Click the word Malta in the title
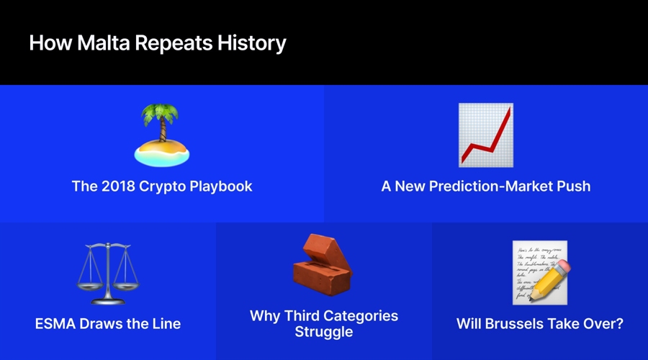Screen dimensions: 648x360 103,42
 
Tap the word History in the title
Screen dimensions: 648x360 252,43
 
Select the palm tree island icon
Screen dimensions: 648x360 162,135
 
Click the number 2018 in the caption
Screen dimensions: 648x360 118,186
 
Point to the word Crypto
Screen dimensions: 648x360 162,186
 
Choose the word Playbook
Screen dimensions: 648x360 221,186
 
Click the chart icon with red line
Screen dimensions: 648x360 486,135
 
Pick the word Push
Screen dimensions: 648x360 574,186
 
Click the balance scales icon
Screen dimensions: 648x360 108,273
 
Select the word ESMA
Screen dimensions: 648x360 55,323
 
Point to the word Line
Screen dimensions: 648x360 166,323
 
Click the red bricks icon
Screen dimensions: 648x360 323,265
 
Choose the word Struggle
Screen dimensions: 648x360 324,332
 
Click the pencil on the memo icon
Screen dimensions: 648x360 550,280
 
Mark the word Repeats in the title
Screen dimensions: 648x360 174,43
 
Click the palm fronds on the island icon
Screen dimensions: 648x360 161,114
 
